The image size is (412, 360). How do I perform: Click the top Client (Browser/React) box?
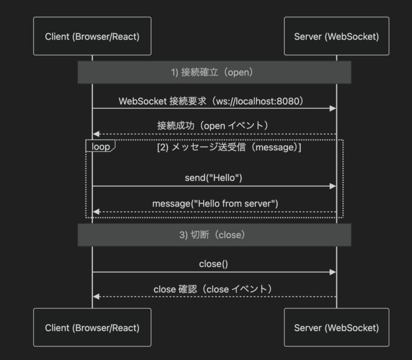pos(92,36)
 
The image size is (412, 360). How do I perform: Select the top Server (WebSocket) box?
pos(336,36)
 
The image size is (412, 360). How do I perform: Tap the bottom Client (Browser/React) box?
pos(92,327)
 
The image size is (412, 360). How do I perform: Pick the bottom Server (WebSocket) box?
pos(336,327)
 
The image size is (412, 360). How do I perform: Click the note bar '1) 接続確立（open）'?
pos(214,72)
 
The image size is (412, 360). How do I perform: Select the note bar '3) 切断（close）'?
pos(214,235)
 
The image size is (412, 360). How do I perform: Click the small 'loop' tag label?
pos(100,146)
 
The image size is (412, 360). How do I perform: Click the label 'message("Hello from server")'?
pos(214,204)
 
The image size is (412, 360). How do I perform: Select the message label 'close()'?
pos(214,264)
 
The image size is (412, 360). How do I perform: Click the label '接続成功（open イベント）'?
pos(214,126)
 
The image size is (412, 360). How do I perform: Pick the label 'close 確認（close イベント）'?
pos(214,289)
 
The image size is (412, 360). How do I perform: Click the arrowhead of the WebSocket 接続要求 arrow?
pos(333,108)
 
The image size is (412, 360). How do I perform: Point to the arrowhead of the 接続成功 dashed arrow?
pos(95,134)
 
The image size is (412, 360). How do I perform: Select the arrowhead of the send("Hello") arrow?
pos(333,186)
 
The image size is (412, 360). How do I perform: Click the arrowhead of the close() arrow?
pos(333,272)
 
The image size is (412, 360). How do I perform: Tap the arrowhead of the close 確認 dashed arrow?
pos(95,297)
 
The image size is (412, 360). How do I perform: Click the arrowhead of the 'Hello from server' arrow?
pos(95,212)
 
